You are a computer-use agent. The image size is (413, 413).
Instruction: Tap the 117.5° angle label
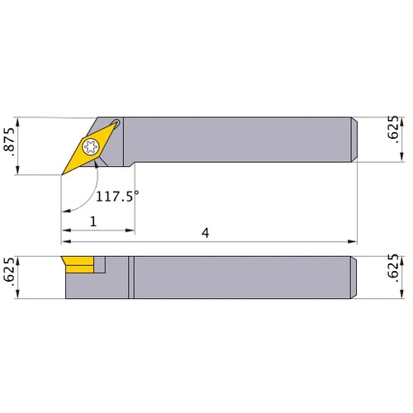(x=117, y=197)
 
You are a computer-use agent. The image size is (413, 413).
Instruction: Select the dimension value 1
(x=93, y=221)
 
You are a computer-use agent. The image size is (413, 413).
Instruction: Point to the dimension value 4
(x=206, y=234)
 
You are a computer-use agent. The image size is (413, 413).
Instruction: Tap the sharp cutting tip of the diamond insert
(x=62, y=174)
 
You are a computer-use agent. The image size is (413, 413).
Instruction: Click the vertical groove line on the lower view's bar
(x=130, y=278)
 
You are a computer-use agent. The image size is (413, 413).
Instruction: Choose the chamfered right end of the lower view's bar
(x=354, y=278)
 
